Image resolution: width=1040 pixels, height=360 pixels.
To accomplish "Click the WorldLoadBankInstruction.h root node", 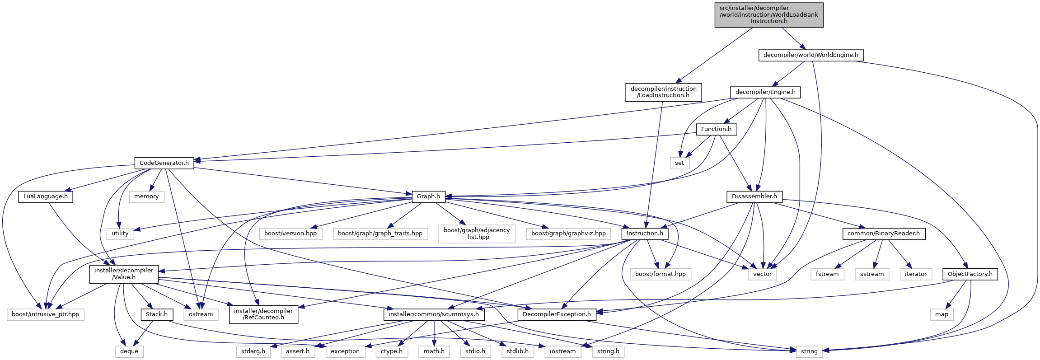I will point(768,14).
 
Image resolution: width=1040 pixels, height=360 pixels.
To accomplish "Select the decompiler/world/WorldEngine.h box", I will point(810,55).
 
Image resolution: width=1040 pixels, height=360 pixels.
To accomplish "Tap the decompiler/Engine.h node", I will point(765,92).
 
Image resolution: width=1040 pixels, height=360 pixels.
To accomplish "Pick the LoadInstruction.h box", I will point(663,92).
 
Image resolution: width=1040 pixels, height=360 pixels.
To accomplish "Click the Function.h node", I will point(716,129).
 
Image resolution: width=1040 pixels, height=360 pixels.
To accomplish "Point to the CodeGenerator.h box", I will point(164,163).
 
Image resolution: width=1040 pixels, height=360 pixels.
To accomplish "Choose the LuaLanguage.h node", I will point(46,196).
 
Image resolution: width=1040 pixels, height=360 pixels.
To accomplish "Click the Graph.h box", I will point(428,196).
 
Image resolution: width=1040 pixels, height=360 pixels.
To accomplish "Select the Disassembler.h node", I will point(754,196).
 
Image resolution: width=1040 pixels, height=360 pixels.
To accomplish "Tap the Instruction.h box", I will point(645,234).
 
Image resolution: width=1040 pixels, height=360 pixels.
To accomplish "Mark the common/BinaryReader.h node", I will point(883,234).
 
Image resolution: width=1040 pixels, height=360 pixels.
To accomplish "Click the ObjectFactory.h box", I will point(970,274).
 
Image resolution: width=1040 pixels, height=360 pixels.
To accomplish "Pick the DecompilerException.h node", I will point(557,314).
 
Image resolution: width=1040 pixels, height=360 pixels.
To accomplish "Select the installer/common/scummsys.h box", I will point(434,314).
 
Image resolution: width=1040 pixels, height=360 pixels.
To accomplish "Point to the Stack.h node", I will point(157,314).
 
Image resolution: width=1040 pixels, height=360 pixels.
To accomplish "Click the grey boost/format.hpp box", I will point(660,274).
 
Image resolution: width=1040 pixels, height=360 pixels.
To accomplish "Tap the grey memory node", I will point(146,196).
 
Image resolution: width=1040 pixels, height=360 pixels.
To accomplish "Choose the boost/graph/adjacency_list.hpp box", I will point(477,234).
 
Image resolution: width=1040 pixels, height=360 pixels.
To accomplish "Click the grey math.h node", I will point(434,351).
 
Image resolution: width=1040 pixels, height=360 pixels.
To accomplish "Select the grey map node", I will point(942,314).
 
